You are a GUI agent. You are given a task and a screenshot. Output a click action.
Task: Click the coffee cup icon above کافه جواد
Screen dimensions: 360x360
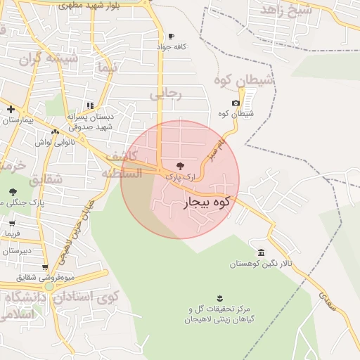coord(171,37)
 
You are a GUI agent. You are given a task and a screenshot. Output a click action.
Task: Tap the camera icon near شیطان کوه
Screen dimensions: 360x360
coord(236,103)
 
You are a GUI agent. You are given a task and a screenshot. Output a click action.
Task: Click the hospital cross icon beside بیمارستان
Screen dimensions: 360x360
coord(11,109)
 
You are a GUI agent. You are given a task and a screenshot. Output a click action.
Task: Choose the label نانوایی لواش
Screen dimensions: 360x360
coord(54,143)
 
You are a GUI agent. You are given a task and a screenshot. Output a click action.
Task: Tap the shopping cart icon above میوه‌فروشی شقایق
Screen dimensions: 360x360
coord(46,267)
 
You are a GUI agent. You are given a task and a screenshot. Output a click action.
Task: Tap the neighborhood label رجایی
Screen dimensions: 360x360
coord(166,94)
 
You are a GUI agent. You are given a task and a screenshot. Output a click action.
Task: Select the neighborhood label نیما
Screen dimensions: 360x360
coord(107,68)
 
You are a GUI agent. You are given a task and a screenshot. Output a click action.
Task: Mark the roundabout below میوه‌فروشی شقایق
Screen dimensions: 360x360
coord(49,285)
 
